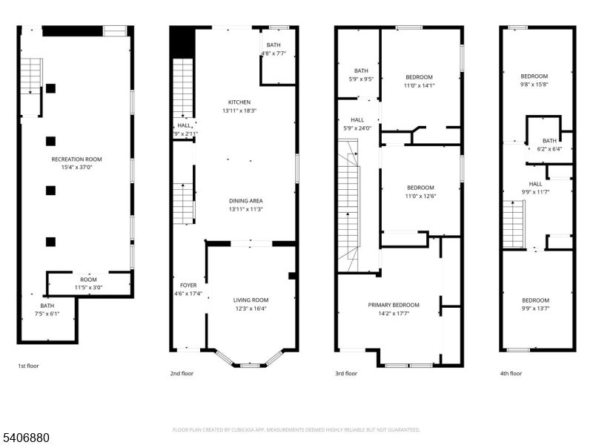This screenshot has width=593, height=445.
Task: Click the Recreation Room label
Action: tap(76, 159)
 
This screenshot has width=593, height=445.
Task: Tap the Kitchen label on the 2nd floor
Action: tap(239, 102)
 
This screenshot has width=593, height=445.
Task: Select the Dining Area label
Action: tap(245, 201)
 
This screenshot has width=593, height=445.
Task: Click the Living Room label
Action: tap(251, 300)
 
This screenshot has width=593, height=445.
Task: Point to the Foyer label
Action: tap(188, 286)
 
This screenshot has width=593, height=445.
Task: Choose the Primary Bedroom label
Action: tap(394, 305)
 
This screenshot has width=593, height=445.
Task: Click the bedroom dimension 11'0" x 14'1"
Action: tap(419, 86)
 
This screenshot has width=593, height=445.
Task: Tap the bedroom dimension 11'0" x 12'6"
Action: tap(420, 196)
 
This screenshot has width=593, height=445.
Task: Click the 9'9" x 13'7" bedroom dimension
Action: tap(535, 309)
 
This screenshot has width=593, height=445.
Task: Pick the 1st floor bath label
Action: tap(47, 306)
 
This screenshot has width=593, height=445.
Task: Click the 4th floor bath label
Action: tap(549, 141)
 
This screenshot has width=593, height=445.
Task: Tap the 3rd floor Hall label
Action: tap(357, 119)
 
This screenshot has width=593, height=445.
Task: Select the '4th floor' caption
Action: tap(510, 373)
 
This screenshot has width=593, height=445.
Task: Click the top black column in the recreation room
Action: tap(50, 88)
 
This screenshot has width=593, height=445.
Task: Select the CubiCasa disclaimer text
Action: tap(296, 429)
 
